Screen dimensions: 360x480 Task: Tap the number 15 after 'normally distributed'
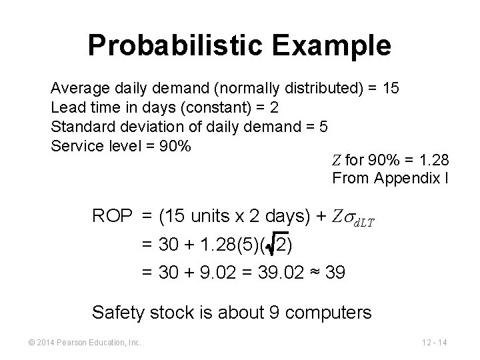click(391, 88)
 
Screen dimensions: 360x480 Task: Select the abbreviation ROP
click(113, 217)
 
